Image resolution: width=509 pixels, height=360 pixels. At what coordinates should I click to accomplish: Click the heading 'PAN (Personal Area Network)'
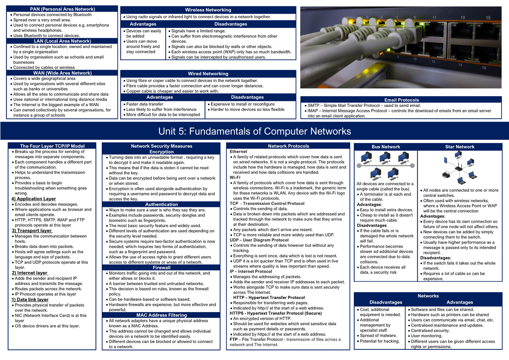62,9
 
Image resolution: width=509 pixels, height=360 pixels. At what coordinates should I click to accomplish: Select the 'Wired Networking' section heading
208,74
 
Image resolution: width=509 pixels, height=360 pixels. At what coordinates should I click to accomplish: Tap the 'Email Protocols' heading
402,100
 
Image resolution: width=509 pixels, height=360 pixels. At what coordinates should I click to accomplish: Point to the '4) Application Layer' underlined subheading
34,199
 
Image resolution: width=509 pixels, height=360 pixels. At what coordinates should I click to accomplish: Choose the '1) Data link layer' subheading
30,300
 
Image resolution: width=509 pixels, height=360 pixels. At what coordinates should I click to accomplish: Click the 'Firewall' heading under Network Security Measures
162,268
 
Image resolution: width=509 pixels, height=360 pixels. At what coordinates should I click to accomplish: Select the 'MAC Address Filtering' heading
162,315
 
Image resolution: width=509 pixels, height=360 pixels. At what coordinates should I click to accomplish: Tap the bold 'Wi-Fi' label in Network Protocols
235,177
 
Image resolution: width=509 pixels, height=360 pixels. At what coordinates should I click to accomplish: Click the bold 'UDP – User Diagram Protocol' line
259,240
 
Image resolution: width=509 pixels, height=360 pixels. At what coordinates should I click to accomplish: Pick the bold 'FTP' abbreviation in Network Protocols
234,339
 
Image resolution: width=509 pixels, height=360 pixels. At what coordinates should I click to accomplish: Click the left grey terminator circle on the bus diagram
359,165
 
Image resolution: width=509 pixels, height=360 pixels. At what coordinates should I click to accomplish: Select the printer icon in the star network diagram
446,174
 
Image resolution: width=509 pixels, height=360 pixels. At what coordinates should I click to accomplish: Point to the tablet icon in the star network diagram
445,160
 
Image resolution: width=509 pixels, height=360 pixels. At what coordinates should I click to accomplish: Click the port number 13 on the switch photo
463,17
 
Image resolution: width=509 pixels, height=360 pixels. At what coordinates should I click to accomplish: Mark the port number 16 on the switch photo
484,68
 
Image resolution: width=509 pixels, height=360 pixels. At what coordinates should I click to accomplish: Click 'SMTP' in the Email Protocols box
313,106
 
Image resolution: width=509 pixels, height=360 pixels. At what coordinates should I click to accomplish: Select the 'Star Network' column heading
460,147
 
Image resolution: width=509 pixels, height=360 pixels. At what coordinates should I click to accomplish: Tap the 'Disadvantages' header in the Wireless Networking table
231,24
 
